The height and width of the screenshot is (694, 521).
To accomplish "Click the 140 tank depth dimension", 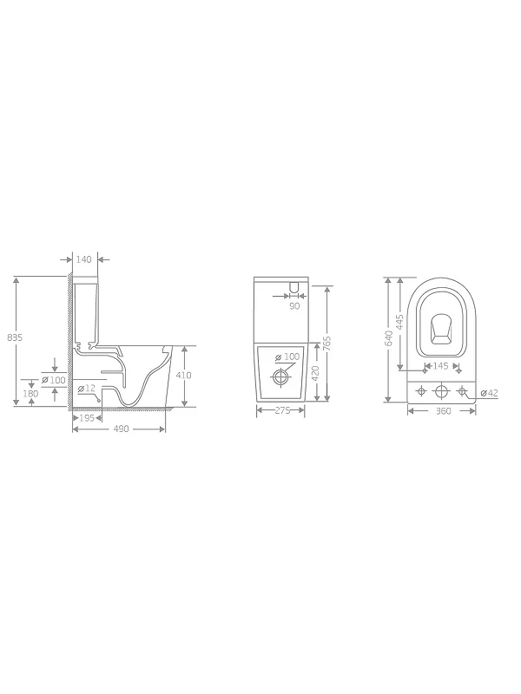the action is (x=83, y=259).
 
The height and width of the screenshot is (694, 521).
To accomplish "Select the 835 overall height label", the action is (x=15, y=337).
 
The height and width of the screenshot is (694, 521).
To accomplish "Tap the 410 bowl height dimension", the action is (x=184, y=376).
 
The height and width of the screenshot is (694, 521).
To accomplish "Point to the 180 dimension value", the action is (x=30, y=394).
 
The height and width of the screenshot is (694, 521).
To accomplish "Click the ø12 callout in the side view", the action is (x=87, y=388).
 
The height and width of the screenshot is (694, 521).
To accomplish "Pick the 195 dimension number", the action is (x=87, y=418).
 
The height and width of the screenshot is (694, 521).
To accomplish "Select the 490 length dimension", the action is (x=121, y=429).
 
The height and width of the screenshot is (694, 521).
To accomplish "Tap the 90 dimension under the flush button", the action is (x=294, y=306).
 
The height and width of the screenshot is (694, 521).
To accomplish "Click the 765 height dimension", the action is (x=327, y=343).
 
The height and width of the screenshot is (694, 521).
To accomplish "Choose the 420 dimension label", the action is (x=315, y=374).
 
